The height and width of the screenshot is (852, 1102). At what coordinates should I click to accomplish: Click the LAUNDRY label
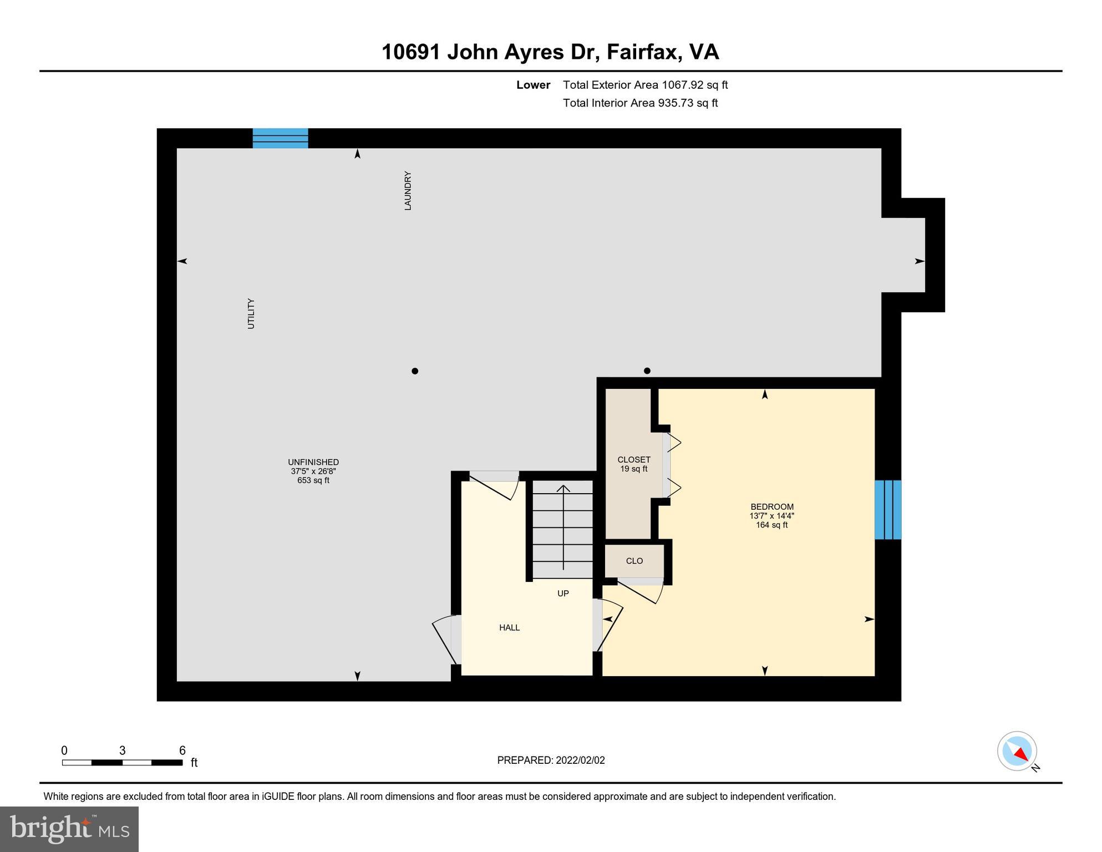pyautogui.click(x=408, y=190)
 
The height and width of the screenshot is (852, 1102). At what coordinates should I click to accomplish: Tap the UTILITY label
pyautogui.click(x=251, y=314)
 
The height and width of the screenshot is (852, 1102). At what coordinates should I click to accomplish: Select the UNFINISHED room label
pyautogui.click(x=313, y=462)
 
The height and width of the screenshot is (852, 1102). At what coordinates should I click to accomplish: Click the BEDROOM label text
pyautogui.click(x=771, y=506)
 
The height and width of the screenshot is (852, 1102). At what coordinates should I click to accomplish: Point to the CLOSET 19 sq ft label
pyautogui.click(x=634, y=464)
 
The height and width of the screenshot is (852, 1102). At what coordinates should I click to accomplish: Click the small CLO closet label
pyautogui.click(x=634, y=561)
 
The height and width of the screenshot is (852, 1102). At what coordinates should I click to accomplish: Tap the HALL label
pyautogui.click(x=509, y=627)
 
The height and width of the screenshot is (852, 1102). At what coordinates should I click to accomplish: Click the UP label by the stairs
pyautogui.click(x=563, y=594)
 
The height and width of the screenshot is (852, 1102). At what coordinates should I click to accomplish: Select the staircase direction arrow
pyautogui.click(x=563, y=527)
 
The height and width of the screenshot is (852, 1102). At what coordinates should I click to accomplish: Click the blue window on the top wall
pyautogui.click(x=280, y=138)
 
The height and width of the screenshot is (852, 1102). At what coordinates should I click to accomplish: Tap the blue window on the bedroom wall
pyautogui.click(x=887, y=509)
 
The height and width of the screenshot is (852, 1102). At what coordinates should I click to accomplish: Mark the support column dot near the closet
pyautogui.click(x=647, y=371)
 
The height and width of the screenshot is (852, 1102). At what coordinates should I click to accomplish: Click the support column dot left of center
pyautogui.click(x=415, y=371)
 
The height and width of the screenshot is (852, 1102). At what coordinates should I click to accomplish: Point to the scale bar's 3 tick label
pyautogui.click(x=122, y=750)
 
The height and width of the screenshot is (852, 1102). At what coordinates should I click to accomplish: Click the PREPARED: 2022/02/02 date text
pyautogui.click(x=551, y=760)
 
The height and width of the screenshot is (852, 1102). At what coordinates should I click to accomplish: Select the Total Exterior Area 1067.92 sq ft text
pyautogui.click(x=645, y=85)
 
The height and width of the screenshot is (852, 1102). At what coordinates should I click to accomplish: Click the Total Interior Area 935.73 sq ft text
pyautogui.click(x=640, y=103)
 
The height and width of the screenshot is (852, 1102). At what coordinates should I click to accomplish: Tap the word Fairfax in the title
pyautogui.click(x=643, y=52)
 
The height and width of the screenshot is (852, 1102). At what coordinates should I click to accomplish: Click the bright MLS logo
pyautogui.click(x=69, y=829)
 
